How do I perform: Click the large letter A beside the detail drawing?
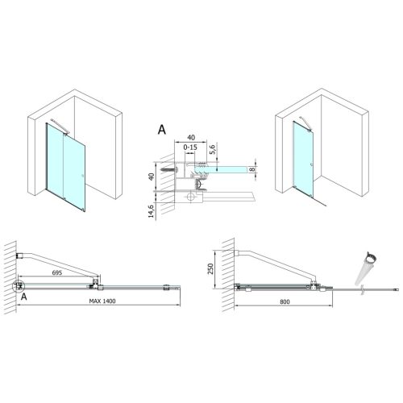coord(162,130)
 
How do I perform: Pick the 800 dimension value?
coord(280,301)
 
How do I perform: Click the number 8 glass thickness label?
coord(254,169)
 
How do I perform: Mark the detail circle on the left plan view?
coord(18,285)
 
